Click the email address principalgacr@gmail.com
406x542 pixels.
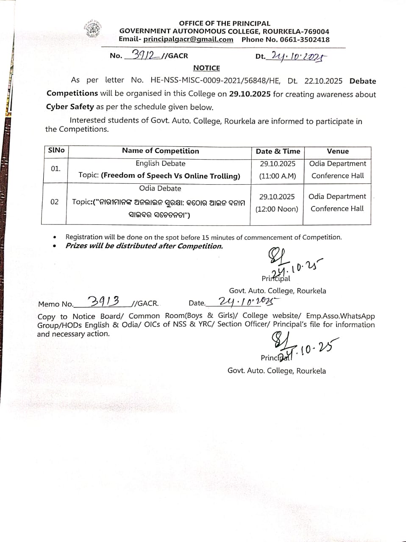click(188, 39)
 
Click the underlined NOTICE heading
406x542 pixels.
click(206, 68)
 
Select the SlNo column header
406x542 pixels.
click(56, 150)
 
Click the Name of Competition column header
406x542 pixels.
click(160, 151)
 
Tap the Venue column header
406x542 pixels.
click(338, 151)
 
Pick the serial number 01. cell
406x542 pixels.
click(56, 169)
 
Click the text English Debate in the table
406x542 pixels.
click(160, 163)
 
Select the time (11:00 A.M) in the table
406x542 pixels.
click(278, 176)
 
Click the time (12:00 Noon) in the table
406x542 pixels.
click(277, 209)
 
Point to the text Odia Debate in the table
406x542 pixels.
click(160, 188)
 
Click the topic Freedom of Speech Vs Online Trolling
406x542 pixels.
click(170, 176)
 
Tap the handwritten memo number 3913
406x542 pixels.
click(103, 301)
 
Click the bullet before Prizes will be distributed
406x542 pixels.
click(55, 246)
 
